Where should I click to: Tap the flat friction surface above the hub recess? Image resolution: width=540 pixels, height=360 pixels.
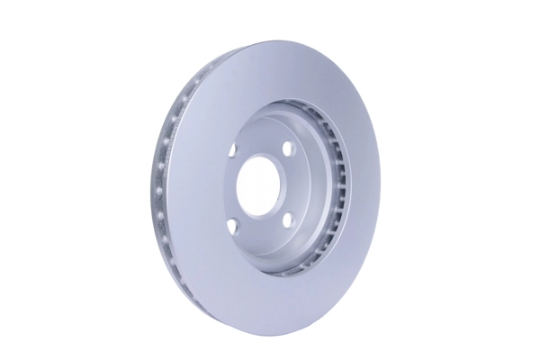[270, 72]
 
